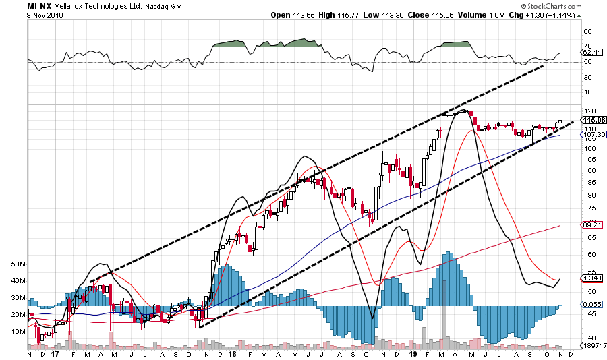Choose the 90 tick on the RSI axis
587,31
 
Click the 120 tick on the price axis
589,111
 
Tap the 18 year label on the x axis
231,353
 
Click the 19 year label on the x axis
416,353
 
